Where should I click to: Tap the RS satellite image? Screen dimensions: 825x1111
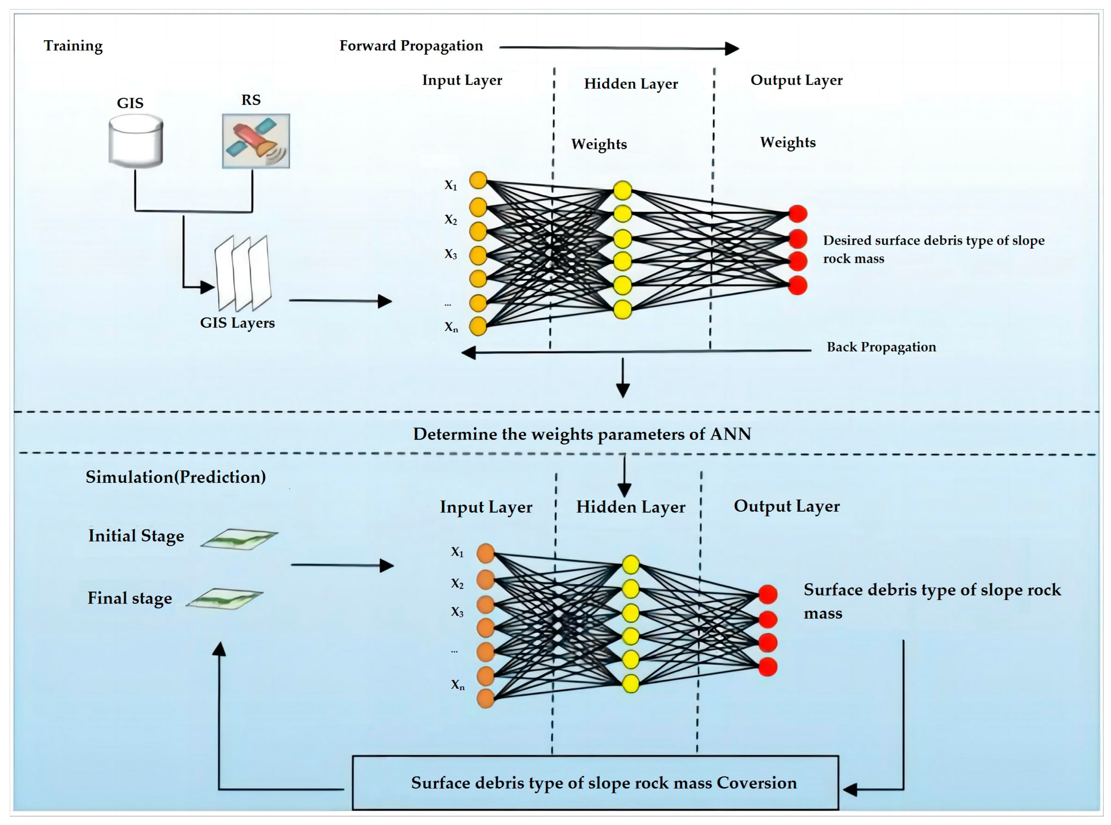click(256, 141)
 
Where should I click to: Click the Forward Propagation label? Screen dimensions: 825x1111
click(411, 46)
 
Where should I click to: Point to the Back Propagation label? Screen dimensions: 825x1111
click(881, 347)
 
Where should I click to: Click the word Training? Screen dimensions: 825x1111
click(73, 46)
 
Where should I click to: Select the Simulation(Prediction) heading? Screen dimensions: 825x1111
click(175, 477)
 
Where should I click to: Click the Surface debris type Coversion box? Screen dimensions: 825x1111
click(595, 783)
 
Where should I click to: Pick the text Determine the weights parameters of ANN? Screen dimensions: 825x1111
click(582, 434)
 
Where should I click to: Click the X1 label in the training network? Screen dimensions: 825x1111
click(451, 185)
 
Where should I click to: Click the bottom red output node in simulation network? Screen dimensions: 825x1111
click(768, 667)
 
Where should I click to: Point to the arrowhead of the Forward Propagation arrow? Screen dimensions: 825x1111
click(732, 48)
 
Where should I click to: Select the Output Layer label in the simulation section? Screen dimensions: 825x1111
click(786, 506)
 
